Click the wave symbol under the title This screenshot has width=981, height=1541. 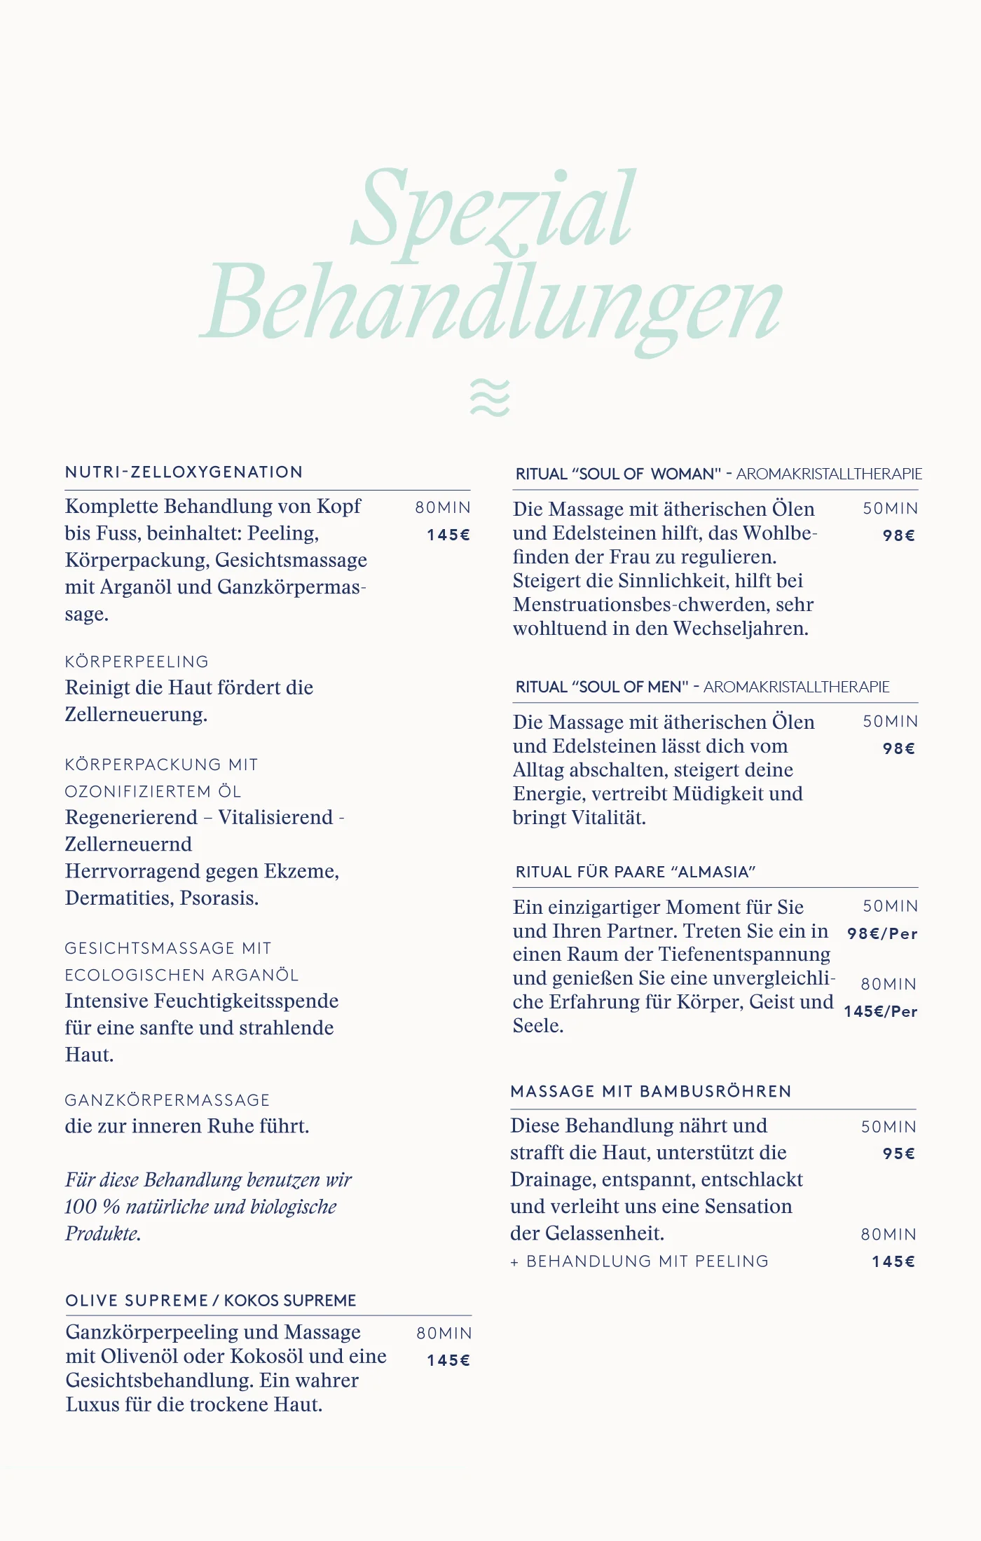coord(490,397)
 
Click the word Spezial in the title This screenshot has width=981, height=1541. coord(494,210)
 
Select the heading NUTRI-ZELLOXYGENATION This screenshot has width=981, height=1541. coord(184,472)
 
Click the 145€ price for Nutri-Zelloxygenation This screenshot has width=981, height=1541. coord(448,535)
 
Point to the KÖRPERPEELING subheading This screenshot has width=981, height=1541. coord(137,662)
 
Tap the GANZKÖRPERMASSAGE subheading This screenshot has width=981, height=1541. coord(167,1100)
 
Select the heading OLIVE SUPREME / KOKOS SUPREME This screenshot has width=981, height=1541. coord(211,1301)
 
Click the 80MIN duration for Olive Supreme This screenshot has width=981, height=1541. coord(444,1334)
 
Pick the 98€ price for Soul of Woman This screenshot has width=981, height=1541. coord(899,536)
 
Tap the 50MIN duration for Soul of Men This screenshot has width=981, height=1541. coord(890,722)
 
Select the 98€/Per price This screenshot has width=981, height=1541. coord(882,934)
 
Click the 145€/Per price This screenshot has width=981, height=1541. coord(881,1012)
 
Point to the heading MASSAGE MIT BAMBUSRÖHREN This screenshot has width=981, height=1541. coord(651,1092)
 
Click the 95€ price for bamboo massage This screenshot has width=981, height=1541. coord(899,1154)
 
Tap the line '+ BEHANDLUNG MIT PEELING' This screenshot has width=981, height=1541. coord(640,1261)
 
